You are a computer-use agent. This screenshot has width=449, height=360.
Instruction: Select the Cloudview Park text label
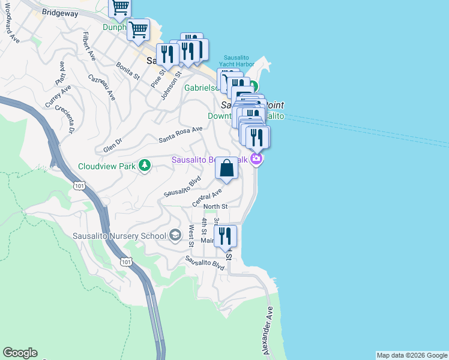[107, 166]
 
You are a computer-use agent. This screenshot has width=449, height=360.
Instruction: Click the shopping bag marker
[226, 168]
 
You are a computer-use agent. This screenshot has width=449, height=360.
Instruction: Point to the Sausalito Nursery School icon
[175, 235]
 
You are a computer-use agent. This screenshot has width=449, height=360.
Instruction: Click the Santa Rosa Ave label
[181, 134]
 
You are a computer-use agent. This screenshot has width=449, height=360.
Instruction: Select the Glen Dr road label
[112, 145]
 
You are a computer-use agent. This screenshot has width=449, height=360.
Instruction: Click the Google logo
[20, 353]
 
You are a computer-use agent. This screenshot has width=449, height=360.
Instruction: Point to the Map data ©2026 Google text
[412, 355]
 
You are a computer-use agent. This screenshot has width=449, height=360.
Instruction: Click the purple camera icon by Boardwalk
[256, 159]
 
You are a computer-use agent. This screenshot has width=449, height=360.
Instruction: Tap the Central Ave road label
[207, 197]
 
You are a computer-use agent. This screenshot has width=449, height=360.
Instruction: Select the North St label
[215, 206]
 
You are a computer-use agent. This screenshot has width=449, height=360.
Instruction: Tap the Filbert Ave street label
[89, 46]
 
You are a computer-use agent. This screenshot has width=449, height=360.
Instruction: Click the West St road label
[191, 235]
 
